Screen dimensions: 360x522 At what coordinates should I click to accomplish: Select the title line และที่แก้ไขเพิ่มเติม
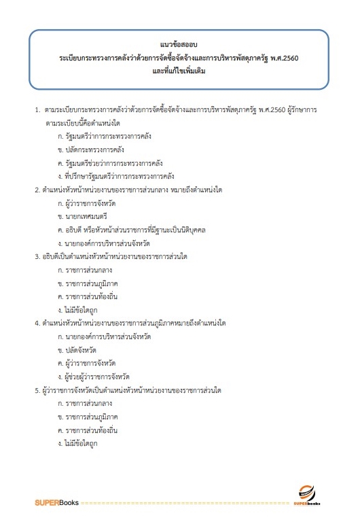179,71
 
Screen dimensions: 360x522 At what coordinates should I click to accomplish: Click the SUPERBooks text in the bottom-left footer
57,503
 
